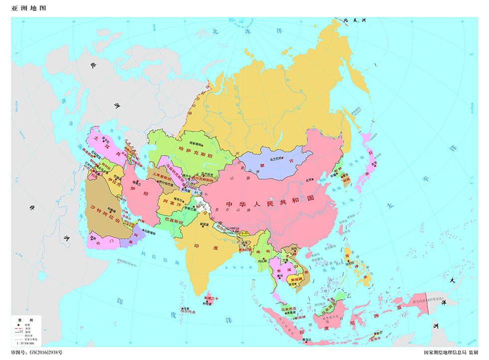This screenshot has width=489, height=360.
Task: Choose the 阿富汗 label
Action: [170, 201]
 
